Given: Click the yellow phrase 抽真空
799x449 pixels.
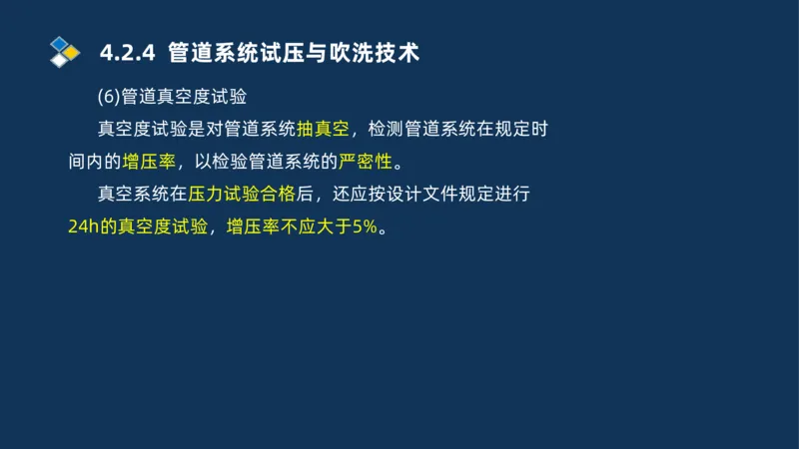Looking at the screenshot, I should coord(323,129).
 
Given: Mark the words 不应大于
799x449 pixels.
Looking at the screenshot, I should coord(314,225).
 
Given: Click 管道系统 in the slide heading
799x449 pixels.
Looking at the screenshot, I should coord(207,52).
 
